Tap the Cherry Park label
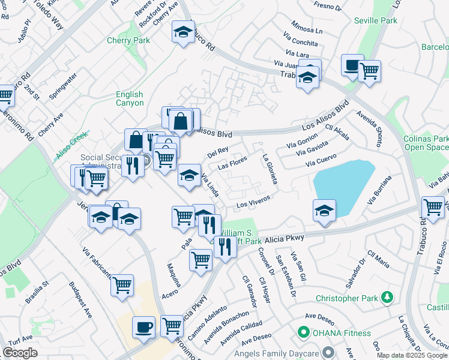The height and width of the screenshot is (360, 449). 128,41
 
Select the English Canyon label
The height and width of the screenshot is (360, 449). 130,98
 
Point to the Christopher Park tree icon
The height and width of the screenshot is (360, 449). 388,297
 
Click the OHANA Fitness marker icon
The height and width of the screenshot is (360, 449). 304,332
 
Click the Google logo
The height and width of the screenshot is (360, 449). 20,353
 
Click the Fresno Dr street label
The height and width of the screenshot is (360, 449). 327,7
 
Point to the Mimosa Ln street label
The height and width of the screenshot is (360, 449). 307,29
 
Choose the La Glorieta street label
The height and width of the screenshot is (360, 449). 269,169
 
